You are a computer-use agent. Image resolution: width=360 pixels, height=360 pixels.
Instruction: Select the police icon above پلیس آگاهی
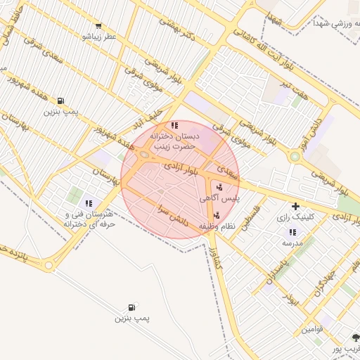tap(220, 187)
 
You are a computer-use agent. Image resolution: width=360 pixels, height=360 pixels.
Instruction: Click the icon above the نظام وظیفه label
tap(216, 215)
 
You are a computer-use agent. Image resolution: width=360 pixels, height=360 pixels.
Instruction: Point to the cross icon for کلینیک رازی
tap(295, 207)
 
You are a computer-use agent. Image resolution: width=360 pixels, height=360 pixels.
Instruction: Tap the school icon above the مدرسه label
tap(291, 232)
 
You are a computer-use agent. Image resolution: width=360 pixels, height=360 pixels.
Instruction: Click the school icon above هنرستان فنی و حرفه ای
tap(89, 203)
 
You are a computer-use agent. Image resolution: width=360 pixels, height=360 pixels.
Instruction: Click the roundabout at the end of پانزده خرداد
tap(48, 266)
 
